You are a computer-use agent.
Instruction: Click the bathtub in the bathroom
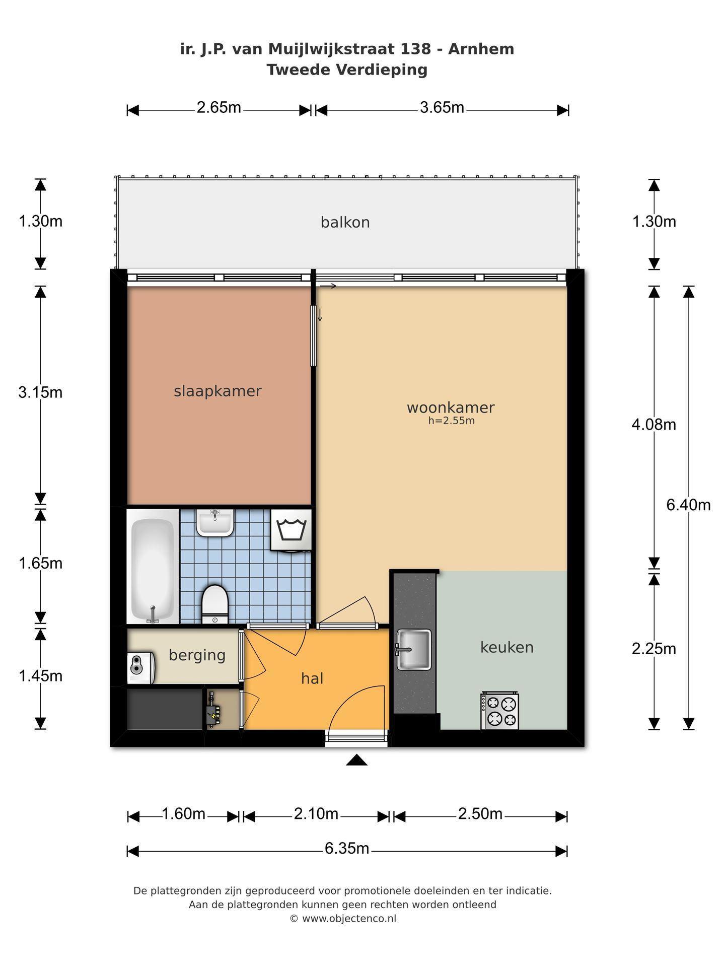click(153, 570)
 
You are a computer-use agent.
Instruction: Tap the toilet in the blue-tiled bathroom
click(215, 603)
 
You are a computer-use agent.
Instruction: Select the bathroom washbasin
click(215, 523)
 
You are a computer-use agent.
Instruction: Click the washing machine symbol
click(292, 530)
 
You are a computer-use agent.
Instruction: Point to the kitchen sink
click(413, 649)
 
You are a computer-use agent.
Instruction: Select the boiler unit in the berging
click(141, 668)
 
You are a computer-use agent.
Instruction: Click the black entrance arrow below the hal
click(356, 760)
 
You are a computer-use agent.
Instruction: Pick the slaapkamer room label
click(217, 391)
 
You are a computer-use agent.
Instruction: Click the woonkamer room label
click(451, 407)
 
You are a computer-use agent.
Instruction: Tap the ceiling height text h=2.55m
click(452, 421)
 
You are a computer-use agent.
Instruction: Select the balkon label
click(345, 222)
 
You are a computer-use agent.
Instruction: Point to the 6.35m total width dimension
click(347, 849)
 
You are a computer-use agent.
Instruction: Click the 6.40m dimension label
click(688, 505)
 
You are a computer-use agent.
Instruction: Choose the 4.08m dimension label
click(654, 425)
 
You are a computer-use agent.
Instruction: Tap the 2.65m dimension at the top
click(219, 108)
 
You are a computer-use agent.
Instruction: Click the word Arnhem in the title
click(481, 49)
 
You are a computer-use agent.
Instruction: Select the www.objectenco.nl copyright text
click(349, 918)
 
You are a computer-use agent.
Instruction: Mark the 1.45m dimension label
click(40, 676)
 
